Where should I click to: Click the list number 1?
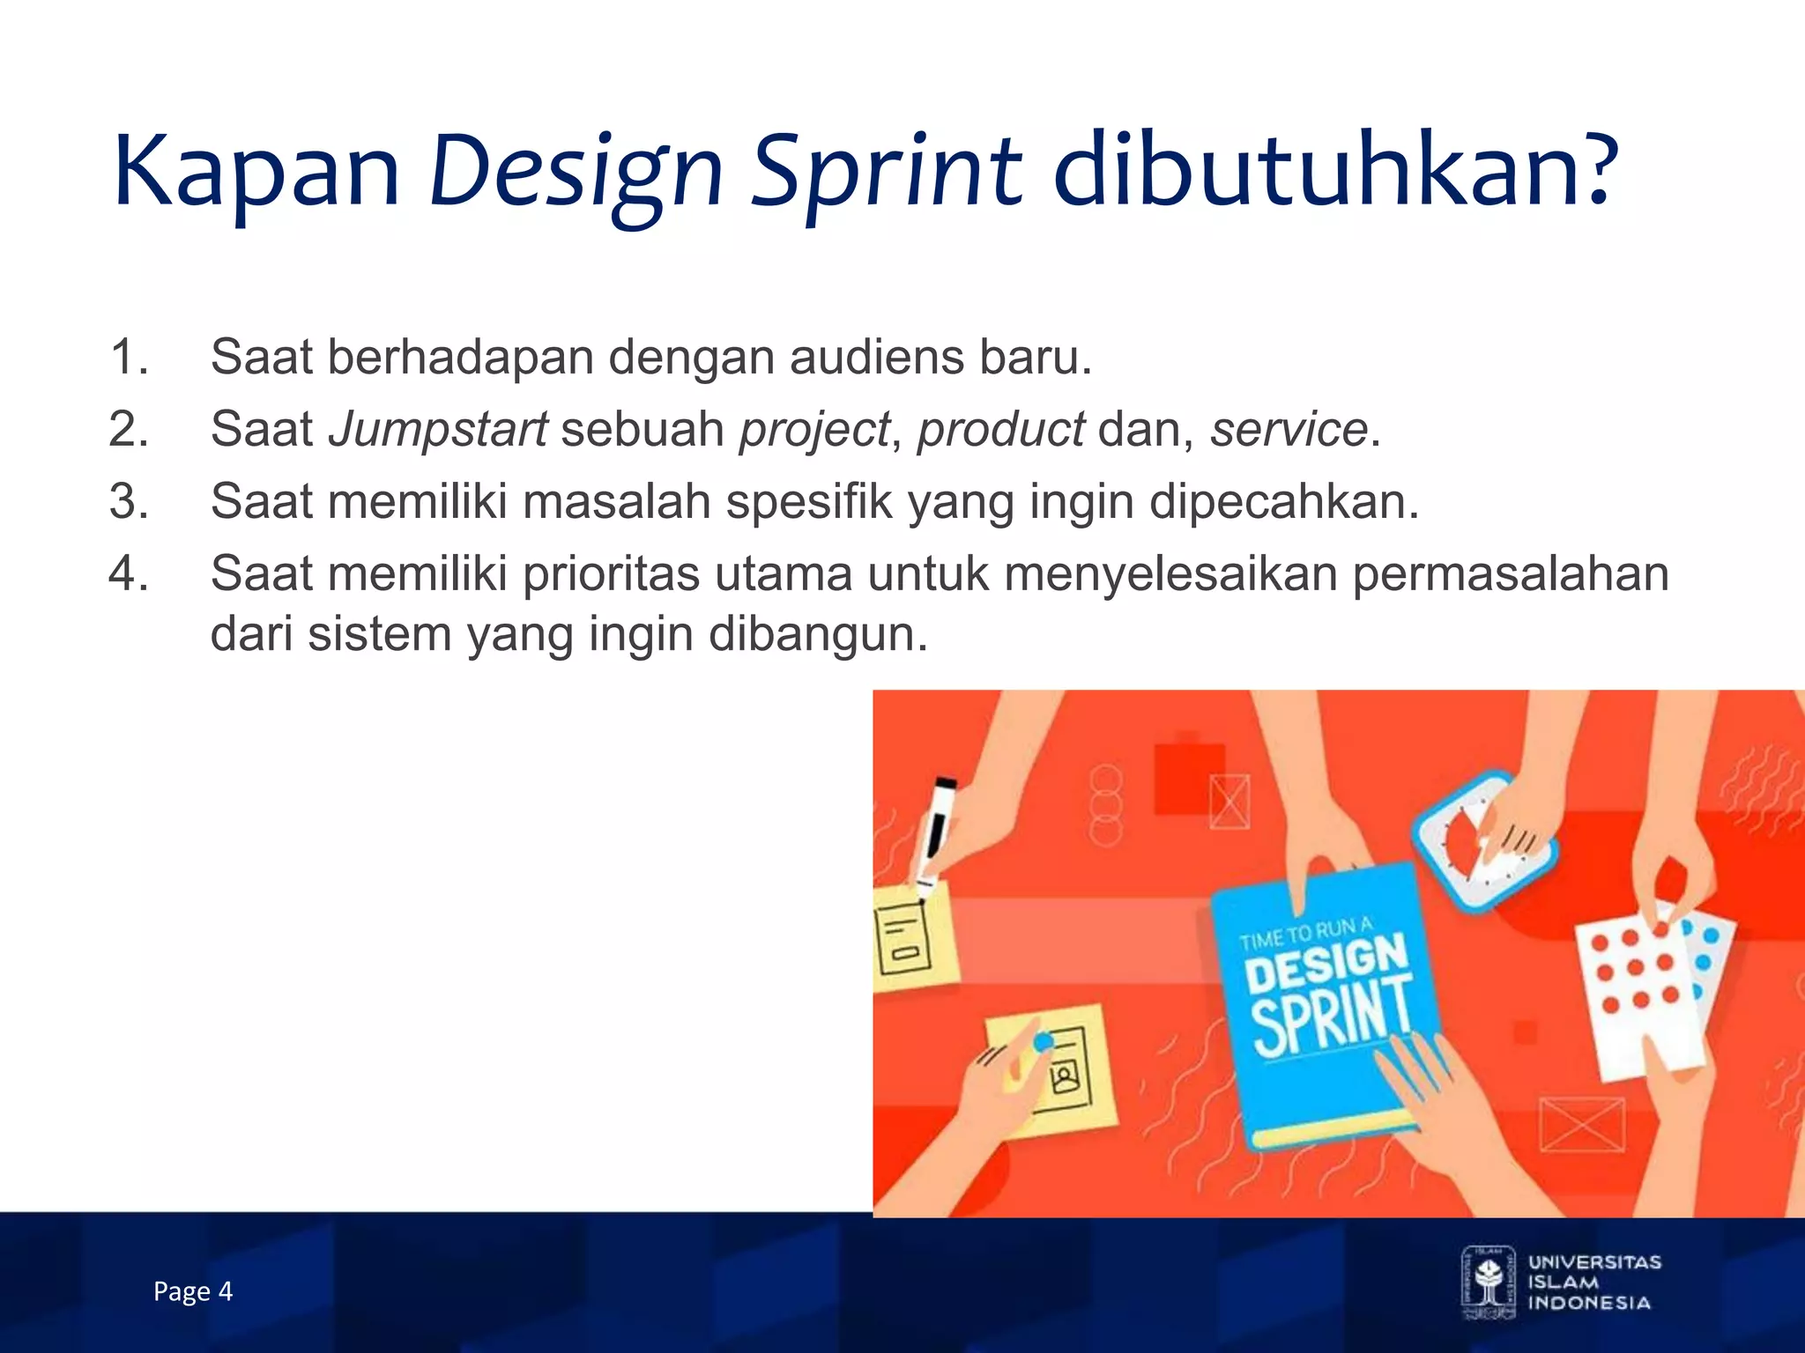tap(129, 357)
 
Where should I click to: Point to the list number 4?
tap(129, 573)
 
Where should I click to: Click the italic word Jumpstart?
tap(438, 429)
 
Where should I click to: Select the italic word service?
tap(1288, 429)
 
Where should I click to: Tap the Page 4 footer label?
tap(192, 1291)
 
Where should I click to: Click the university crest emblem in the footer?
tap(1489, 1282)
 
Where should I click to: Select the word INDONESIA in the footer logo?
tap(1589, 1303)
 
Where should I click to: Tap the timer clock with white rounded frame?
tap(1484, 841)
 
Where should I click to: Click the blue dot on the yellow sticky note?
tap(1044, 1041)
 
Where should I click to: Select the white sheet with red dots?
tap(1639, 987)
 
